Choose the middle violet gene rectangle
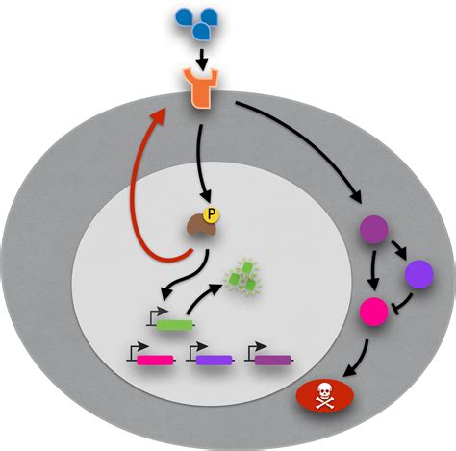point(215,361)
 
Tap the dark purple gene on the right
point(274,361)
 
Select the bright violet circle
point(419,277)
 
